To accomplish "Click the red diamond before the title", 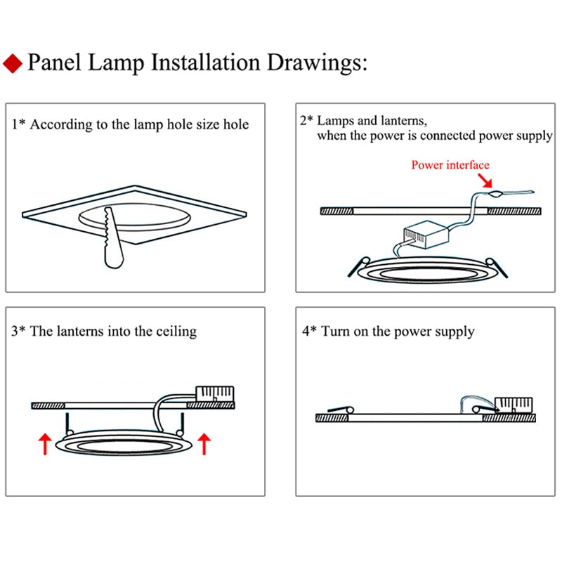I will pyautogui.click(x=13, y=64).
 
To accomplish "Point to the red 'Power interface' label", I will pyautogui.click(x=450, y=165).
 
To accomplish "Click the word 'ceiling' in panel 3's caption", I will pyautogui.click(x=175, y=331).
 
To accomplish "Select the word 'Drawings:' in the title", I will pyautogui.click(x=318, y=63).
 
